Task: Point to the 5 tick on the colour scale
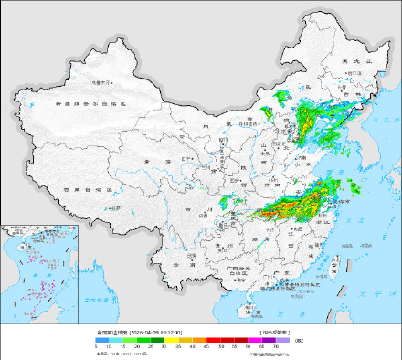96,347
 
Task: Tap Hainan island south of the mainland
248,309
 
